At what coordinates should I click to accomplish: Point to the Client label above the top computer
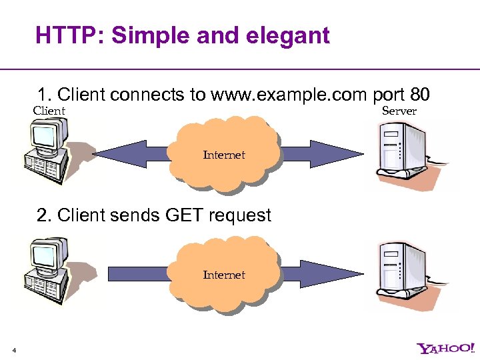point(49,111)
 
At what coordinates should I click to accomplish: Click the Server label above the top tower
point(399,111)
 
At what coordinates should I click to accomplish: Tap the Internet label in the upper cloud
point(224,155)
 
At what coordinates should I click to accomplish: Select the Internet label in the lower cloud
point(224,275)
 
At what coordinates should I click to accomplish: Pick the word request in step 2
point(239,215)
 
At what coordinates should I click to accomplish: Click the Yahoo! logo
point(445,348)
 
